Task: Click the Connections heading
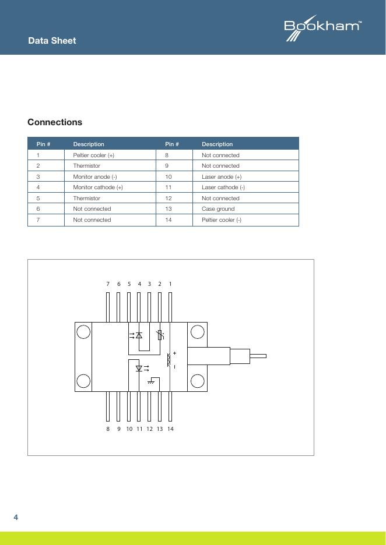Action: click(55, 122)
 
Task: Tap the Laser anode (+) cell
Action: click(222, 176)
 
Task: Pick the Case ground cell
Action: click(218, 208)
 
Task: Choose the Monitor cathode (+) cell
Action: click(97, 187)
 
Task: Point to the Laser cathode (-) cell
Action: click(223, 187)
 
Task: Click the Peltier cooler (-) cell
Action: click(222, 220)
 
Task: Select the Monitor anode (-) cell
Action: click(95, 176)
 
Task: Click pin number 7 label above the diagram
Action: click(108, 284)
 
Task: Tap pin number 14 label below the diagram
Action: click(170, 429)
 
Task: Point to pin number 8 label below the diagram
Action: click(108, 429)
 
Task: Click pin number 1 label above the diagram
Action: click(170, 284)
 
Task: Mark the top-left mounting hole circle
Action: click(83, 332)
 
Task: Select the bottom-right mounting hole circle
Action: click(198, 381)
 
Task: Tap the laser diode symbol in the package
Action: click(139, 368)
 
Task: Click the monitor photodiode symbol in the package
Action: click(139, 335)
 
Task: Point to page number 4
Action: click(16, 518)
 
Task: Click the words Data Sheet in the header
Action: click(52, 41)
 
